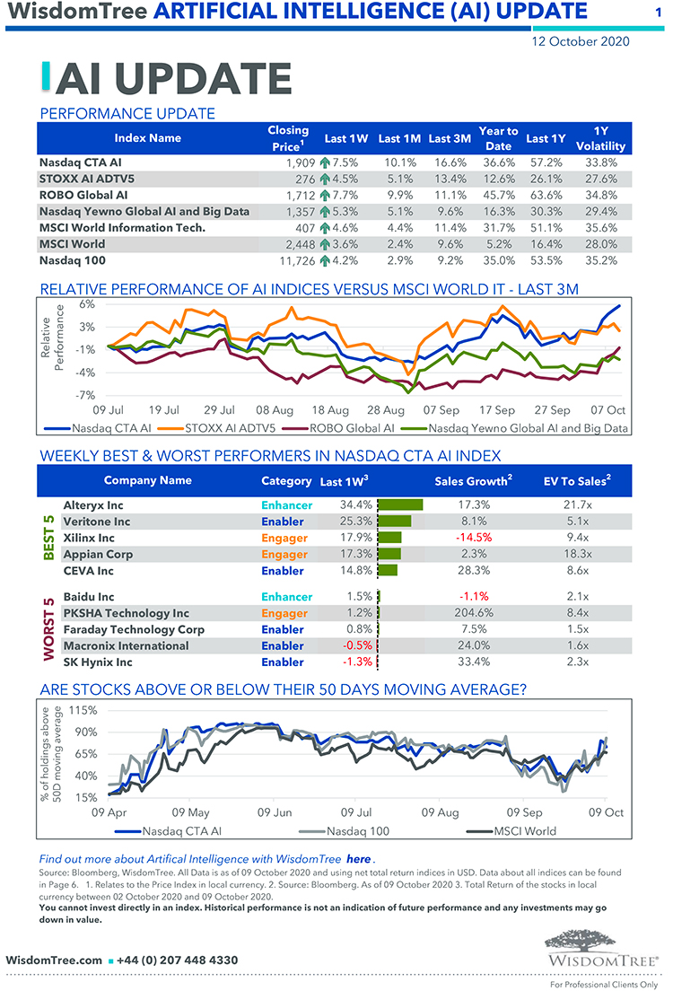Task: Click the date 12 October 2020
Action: pos(580,41)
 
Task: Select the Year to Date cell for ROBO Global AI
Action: pos(497,195)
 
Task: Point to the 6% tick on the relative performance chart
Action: pos(88,303)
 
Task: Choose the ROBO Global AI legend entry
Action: pos(352,428)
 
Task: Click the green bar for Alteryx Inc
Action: pos(401,505)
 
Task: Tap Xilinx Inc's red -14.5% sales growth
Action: pos(473,538)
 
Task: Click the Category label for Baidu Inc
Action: pos(286,597)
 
